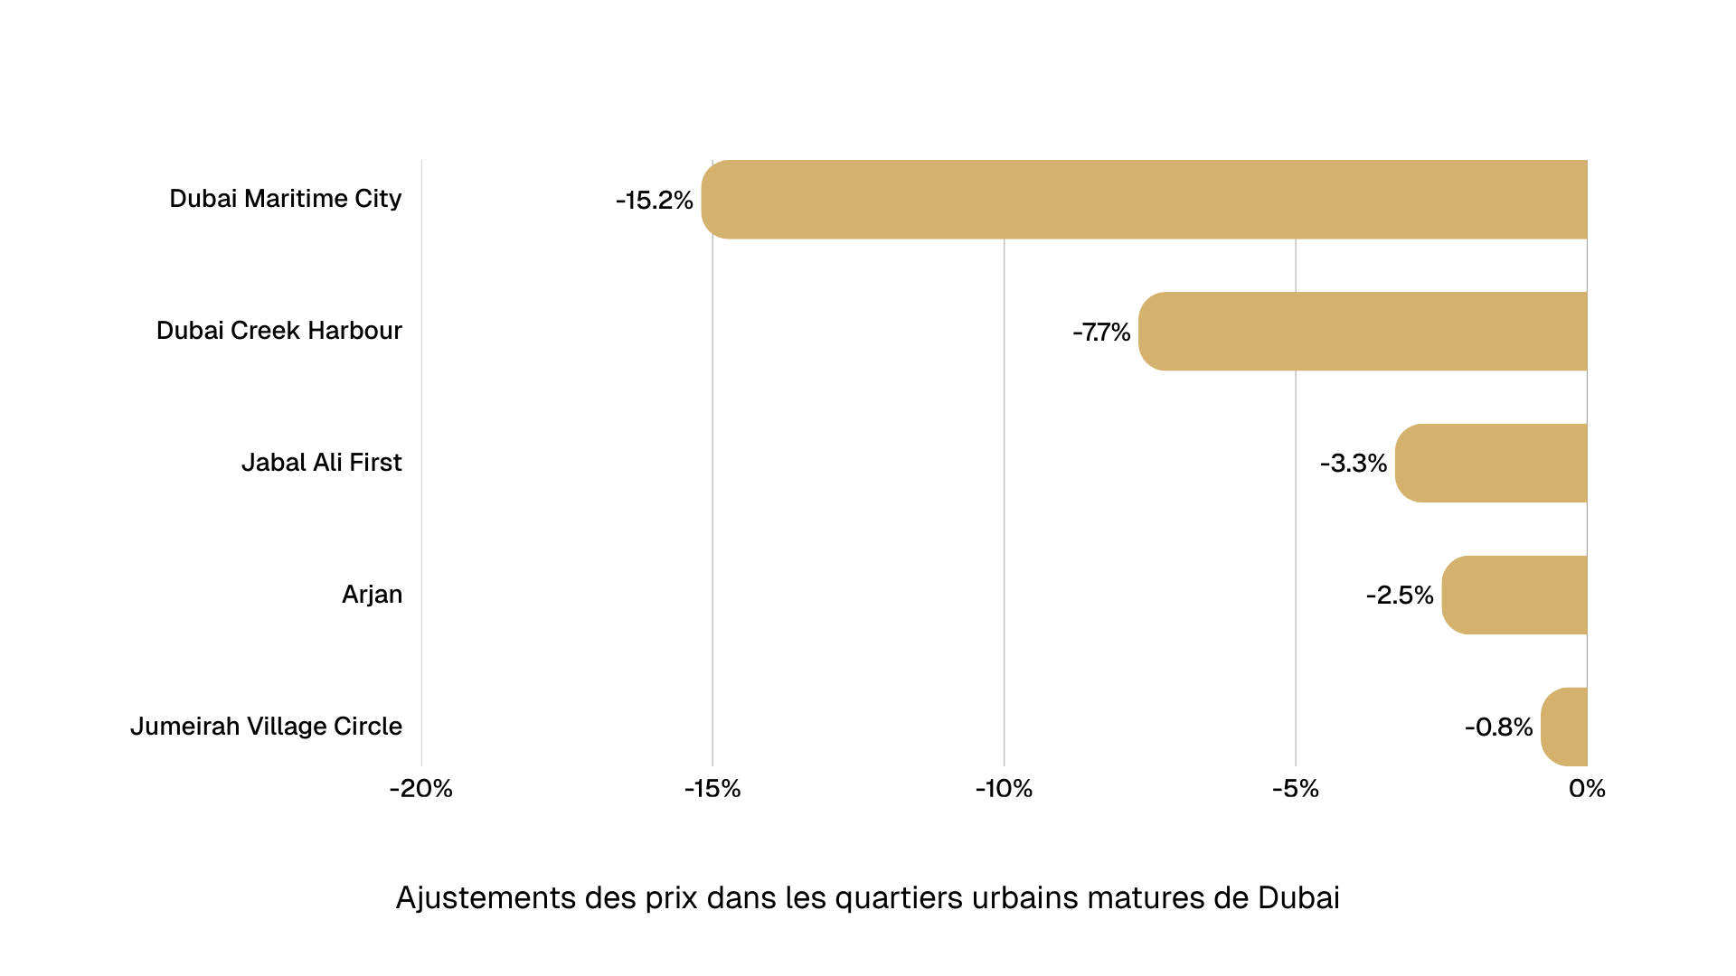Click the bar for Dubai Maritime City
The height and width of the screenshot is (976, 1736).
(1144, 200)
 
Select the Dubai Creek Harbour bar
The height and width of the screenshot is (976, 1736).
(1363, 332)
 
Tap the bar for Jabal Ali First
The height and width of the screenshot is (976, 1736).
(1491, 464)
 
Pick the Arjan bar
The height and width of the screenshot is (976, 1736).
(1514, 596)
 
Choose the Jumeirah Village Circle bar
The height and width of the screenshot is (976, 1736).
(1564, 727)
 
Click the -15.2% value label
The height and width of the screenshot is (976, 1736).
(654, 201)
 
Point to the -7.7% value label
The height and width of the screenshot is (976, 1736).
(1101, 333)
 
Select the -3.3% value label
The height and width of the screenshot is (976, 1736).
(1353, 464)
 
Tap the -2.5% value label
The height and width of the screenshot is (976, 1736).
(1400, 596)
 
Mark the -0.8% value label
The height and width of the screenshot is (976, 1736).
(1498, 727)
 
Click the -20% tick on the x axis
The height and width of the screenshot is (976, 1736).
(421, 789)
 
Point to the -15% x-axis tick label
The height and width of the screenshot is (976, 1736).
(712, 789)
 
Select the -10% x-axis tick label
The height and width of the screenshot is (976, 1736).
(1004, 789)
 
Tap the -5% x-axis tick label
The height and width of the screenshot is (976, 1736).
(1295, 789)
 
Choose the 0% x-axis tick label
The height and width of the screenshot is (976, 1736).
(1587, 789)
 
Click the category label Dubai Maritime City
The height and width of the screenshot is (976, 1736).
(285, 199)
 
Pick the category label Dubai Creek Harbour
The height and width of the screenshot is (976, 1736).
(278, 331)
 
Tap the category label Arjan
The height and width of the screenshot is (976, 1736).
(372, 595)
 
